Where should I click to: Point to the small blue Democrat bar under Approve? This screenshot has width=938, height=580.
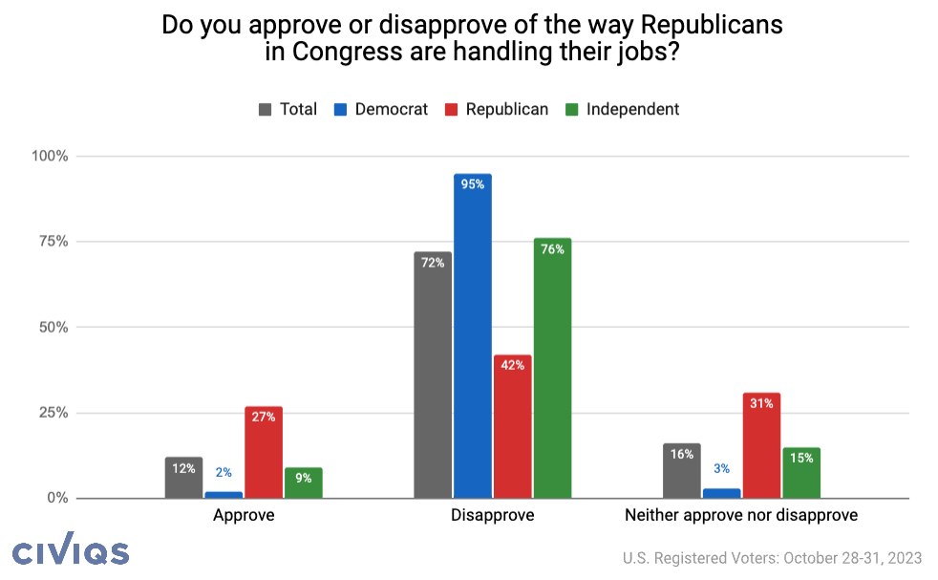click(x=224, y=494)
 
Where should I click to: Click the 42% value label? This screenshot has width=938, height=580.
click(x=513, y=365)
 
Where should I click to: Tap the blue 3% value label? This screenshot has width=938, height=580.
click(x=722, y=469)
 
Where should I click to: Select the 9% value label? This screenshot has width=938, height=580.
click(x=304, y=478)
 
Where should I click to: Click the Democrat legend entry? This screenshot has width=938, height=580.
click(x=380, y=109)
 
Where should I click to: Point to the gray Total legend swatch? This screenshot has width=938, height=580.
click(x=265, y=109)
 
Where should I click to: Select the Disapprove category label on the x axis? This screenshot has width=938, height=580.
click(x=492, y=515)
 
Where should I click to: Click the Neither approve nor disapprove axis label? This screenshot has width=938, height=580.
click(x=741, y=515)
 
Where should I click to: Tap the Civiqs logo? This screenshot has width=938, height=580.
click(x=71, y=551)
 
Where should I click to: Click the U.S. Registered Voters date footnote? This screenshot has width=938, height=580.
click(x=773, y=558)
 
